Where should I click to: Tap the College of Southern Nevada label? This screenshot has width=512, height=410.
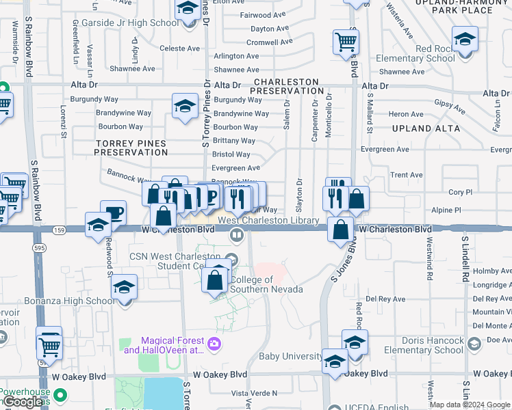coord(266,284)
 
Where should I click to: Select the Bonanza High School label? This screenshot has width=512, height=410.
coord(69,301)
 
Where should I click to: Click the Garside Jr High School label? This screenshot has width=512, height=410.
coord(129,23)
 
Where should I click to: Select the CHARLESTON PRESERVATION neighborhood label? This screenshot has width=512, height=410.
coord(287,86)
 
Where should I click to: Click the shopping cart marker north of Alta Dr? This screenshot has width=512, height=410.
coord(346,42)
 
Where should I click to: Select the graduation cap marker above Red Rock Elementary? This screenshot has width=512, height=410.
coord(465,39)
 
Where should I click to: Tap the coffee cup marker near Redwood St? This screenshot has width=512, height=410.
coord(113,212)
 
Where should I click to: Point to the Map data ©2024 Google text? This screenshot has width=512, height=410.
coord(469,405)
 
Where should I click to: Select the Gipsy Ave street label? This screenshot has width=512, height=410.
coord(450,107)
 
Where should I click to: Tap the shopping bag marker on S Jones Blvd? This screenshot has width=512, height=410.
coord(340,230)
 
